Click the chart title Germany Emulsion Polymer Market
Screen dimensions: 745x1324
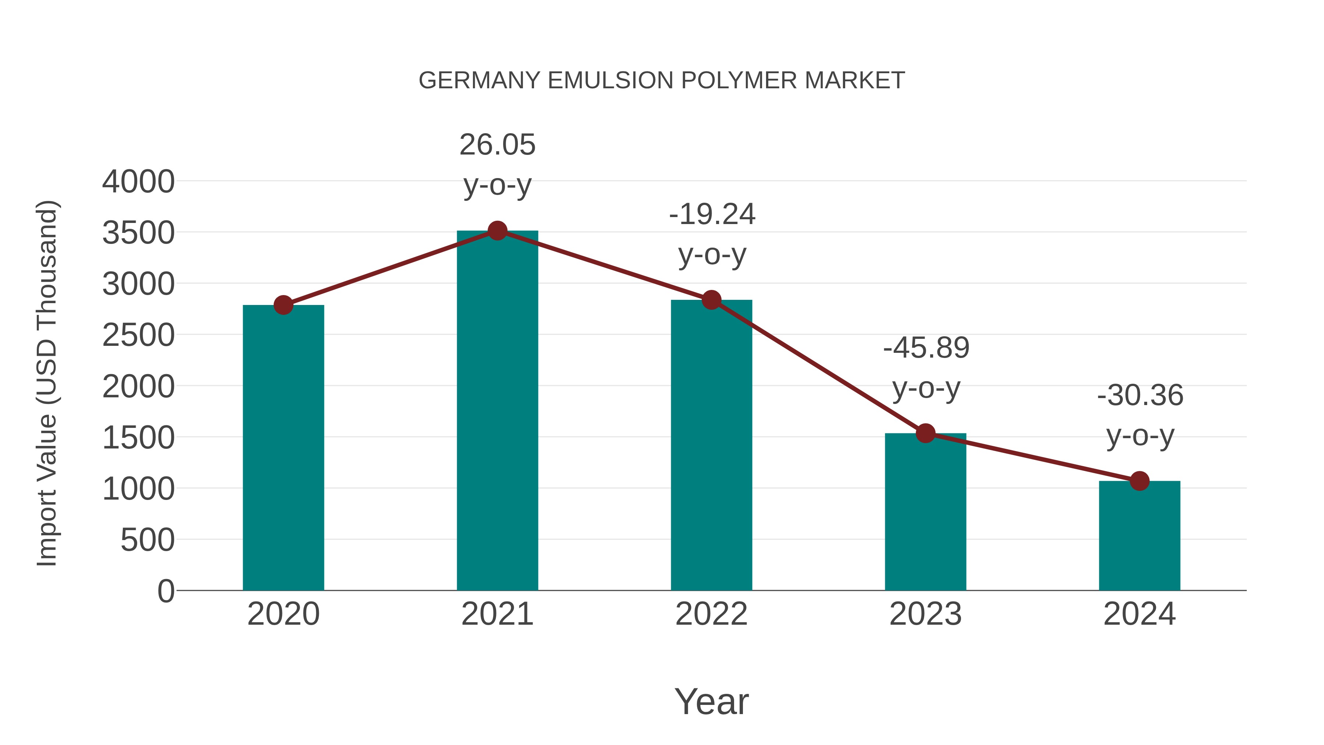pos(662,81)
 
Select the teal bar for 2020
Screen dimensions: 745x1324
pos(283,447)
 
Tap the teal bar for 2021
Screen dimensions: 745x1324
pos(497,411)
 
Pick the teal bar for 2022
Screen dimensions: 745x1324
pos(711,445)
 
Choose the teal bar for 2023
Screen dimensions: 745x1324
pos(925,512)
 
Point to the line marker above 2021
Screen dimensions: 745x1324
pos(497,231)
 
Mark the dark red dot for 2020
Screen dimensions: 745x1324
pos(283,305)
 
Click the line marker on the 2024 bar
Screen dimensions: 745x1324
pos(1139,481)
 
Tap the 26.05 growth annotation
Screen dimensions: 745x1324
pos(497,145)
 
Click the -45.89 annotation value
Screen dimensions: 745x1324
pos(926,348)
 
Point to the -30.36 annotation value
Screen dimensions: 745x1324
pos(1140,396)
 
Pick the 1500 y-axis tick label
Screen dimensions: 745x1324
pos(138,438)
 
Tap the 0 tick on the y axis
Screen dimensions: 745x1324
pos(166,591)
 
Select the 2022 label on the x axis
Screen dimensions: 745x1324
pos(711,614)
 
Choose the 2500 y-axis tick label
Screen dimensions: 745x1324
pos(138,336)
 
